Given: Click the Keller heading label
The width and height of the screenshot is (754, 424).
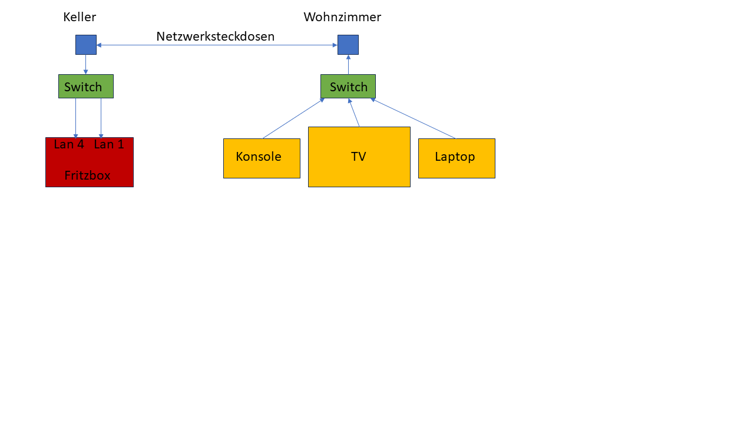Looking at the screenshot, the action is click(80, 17).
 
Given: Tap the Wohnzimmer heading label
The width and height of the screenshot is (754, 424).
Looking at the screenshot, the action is click(342, 17).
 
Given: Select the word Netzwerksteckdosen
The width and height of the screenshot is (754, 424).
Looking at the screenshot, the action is click(216, 37).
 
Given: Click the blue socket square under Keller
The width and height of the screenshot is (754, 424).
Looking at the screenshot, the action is click(86, 45).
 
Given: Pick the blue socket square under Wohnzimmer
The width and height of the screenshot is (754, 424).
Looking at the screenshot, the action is click(348, 45).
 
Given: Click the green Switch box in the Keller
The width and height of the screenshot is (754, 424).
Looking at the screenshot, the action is click(86, 87).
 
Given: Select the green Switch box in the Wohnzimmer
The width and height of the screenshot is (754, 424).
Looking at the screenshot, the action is click(348, 87).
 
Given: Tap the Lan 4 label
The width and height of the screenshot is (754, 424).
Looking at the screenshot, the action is click(69, 144).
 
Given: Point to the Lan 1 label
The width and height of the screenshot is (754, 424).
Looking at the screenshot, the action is click(109, 144).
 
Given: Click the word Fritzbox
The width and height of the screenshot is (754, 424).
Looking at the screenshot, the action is click(87, 175).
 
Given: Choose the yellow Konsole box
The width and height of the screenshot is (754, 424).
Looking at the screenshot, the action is click(262, 158).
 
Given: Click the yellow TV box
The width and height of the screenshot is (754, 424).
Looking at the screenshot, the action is click(359, 157).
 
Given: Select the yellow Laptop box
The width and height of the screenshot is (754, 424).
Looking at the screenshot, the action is click(457, 158).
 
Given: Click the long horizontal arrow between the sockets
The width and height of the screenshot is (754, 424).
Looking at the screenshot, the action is click(217, 45).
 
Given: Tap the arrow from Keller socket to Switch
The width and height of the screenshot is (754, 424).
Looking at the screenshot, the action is click(86, 64).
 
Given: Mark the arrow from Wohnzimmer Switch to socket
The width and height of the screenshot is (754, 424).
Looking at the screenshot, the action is click(348, 64).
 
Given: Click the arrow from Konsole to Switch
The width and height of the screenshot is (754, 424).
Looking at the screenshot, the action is click(293, 118).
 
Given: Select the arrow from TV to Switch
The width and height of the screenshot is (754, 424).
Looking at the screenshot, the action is click(354, 112).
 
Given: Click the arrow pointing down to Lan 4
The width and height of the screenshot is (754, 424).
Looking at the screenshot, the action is click(76, 118).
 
